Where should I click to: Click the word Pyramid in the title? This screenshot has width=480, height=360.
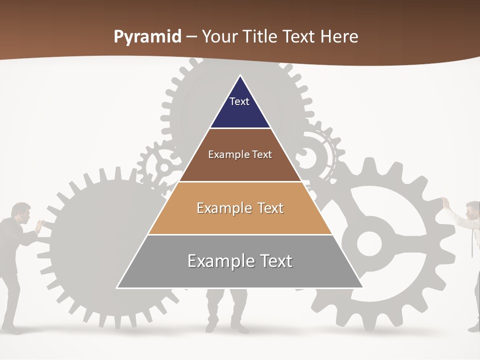147,37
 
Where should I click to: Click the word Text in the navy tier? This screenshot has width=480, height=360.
239,101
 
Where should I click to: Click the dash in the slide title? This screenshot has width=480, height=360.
192,37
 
